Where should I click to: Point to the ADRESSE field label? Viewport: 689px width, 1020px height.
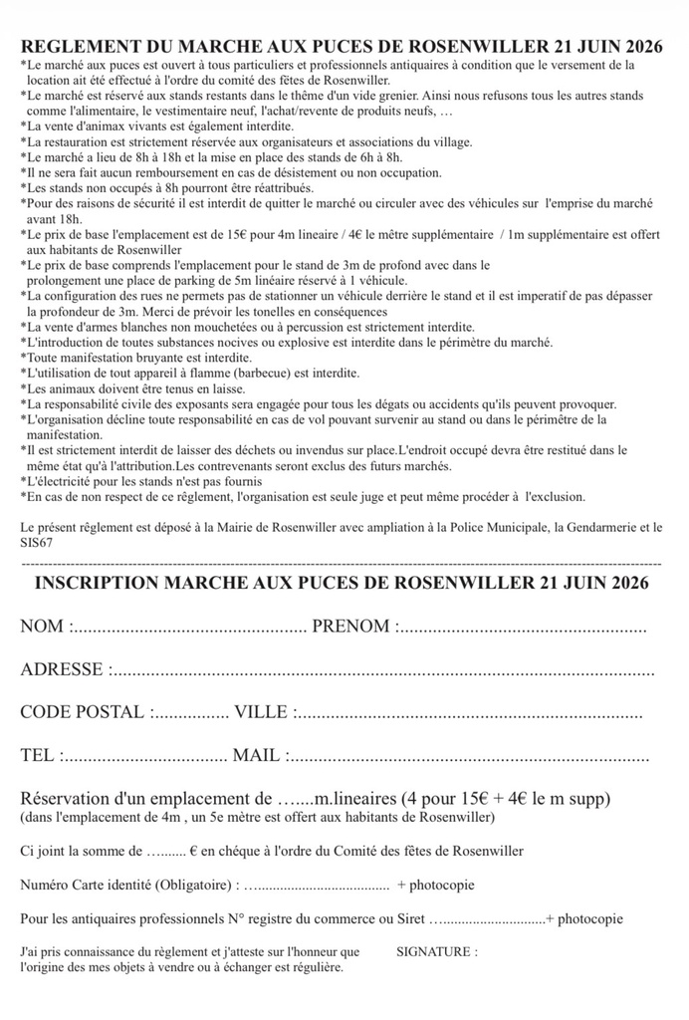61,670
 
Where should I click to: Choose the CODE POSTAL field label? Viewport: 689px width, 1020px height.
83,713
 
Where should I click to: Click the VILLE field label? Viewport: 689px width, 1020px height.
261,713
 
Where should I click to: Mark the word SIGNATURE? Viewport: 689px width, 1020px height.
434,951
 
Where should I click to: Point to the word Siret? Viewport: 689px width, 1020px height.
407,918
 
